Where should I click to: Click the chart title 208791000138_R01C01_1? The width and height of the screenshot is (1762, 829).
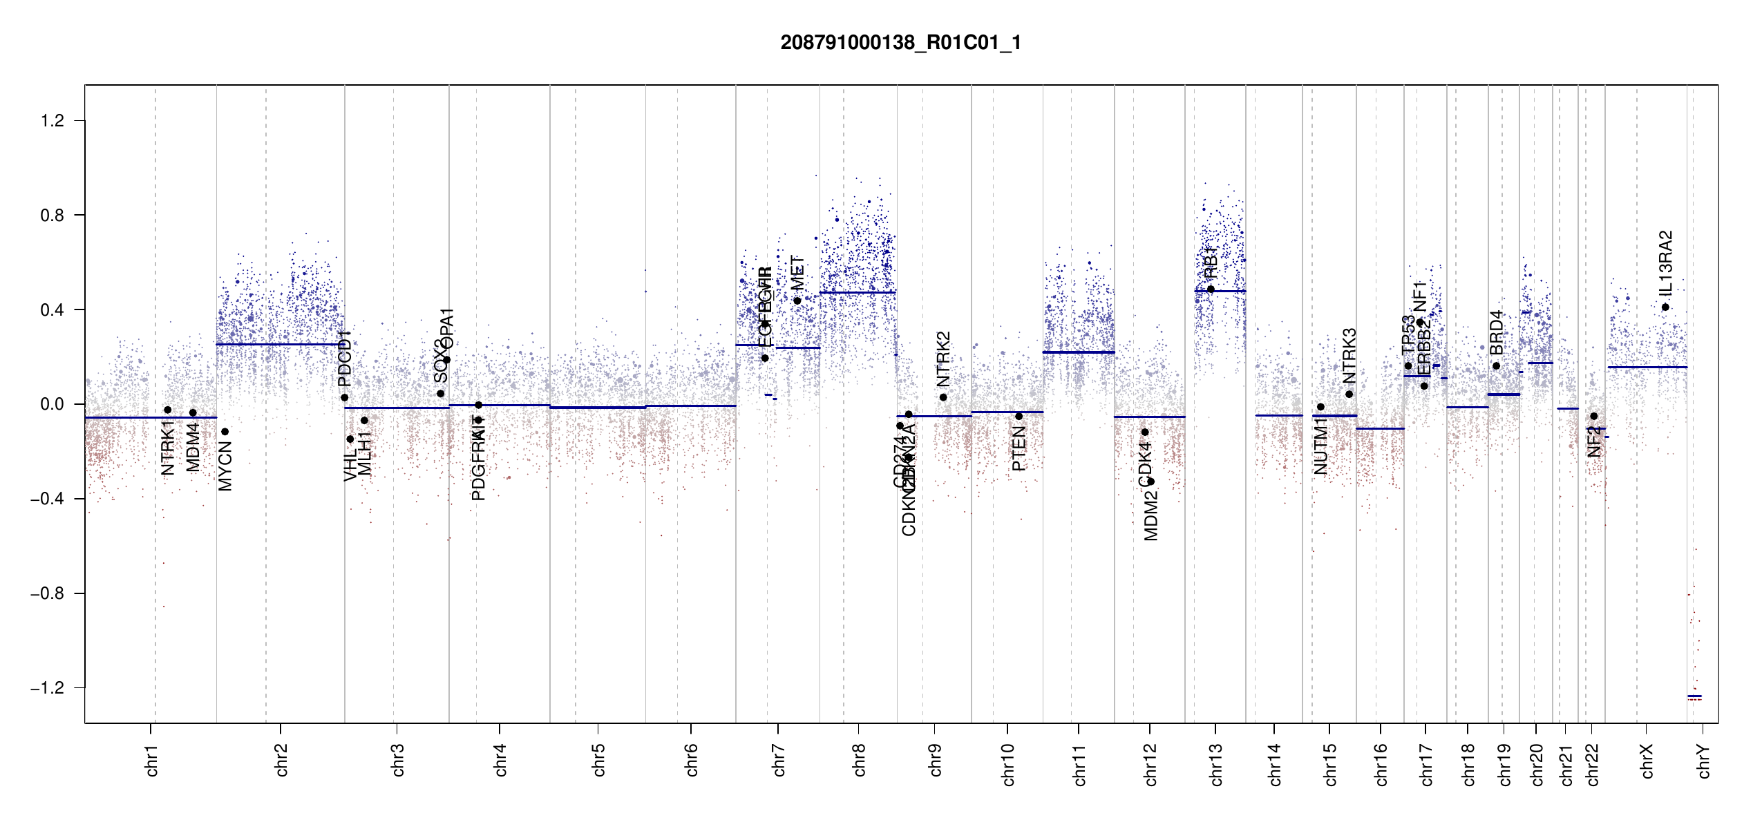pyautogui.click(x=900, y=43)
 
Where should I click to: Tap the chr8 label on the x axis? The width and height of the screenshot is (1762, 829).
pyautogui.click(x=859, y=760)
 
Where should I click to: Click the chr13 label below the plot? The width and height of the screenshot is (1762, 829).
pyautogui.click(x=1216, y=764)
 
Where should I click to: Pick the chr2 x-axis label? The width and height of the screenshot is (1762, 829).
pyautogui.click(x=281, y=760)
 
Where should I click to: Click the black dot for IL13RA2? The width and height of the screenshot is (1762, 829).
pyautogui.click(x=1665, y=307)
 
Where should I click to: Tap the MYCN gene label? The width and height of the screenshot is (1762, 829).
pyautogui.click(x=225, y=467)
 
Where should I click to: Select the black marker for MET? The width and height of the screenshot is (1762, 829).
pyautogui.click(x=797, y=301)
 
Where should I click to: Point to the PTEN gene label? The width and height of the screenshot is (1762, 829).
pyautogui.click(x=1019, y=448)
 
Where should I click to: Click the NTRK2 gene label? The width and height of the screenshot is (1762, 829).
pyautogui.click(x=943, y=359)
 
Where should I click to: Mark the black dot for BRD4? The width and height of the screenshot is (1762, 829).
pyautogui.click(x=1497, y=366)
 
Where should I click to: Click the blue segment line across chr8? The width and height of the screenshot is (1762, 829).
pyautogui.click(x=858, y=292)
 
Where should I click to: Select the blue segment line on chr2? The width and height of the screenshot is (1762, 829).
pyautogui.click(x=280, y=344)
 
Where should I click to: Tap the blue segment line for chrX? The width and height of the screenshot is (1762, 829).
pyautogui.click(x=1647, y=367)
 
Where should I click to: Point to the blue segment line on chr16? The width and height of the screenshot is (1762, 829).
pyautogui.click(x=1380, y=428)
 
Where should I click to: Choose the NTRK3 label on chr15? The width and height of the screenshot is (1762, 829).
pyautogui.click(x=1349, y=355)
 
